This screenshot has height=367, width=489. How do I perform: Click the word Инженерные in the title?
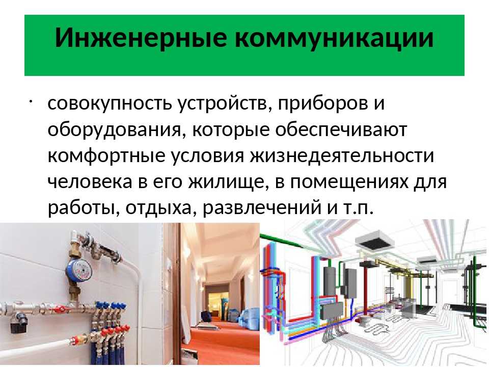click(141, 38)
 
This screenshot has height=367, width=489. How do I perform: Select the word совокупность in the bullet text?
click(110, 103)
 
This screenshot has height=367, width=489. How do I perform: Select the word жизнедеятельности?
click(342, 155)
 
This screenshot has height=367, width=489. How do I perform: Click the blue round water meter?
click(78, 269)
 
